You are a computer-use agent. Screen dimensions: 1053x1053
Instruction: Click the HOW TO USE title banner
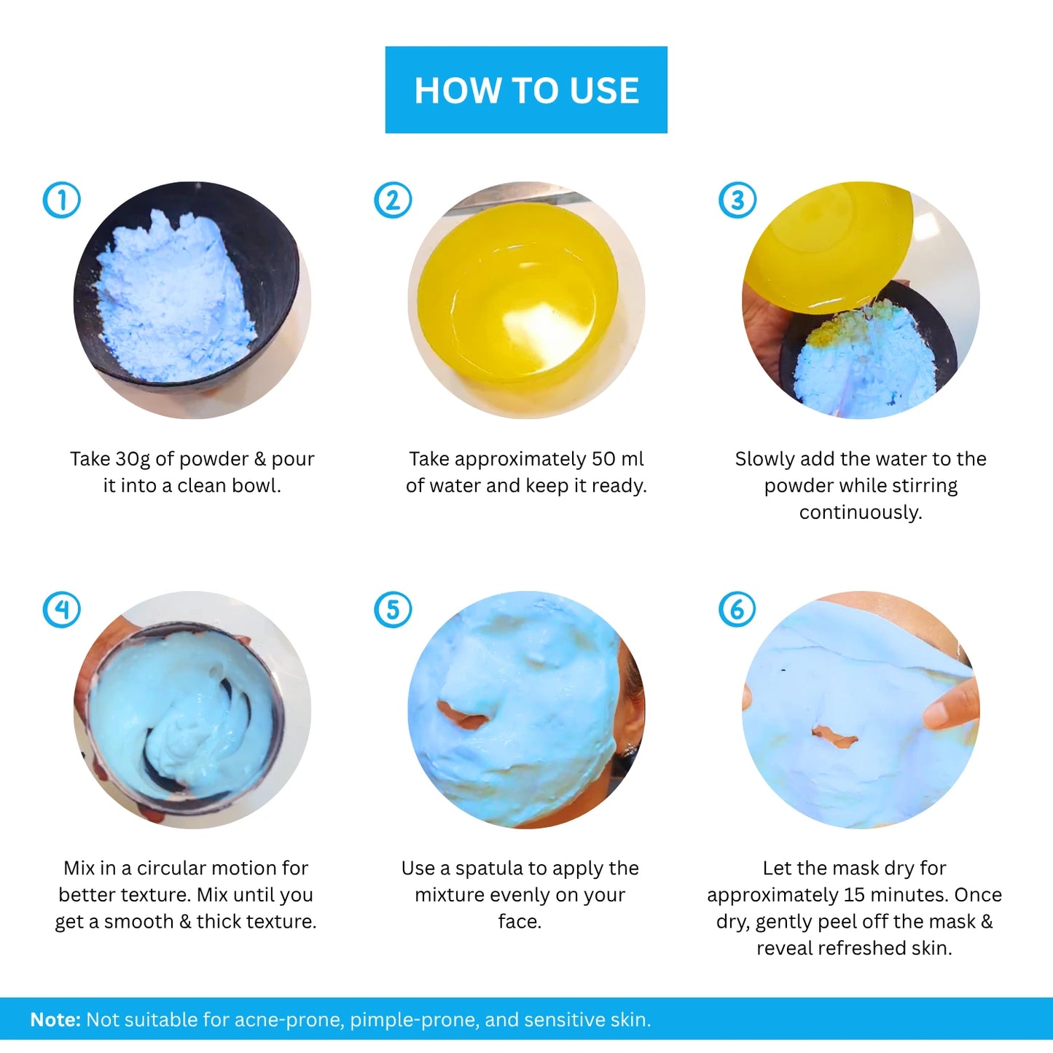click(x=526, y=90)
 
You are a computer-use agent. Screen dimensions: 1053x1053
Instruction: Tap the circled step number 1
click(x=62, y=200)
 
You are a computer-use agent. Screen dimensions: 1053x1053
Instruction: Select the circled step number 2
click(x=393, y=200)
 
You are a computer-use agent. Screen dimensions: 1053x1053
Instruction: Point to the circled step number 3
click(x=737, y=200)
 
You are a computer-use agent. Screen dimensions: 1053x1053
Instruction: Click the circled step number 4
click(x=62, y=609)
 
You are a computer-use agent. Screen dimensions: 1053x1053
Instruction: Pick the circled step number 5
click(x=393, y=609)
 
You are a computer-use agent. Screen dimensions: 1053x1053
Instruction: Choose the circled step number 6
click(x=737, y=609)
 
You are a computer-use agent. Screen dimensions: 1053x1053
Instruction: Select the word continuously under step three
click(x=861, y=512)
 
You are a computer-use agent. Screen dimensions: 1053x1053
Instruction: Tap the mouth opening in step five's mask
click(x=462, y=716)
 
